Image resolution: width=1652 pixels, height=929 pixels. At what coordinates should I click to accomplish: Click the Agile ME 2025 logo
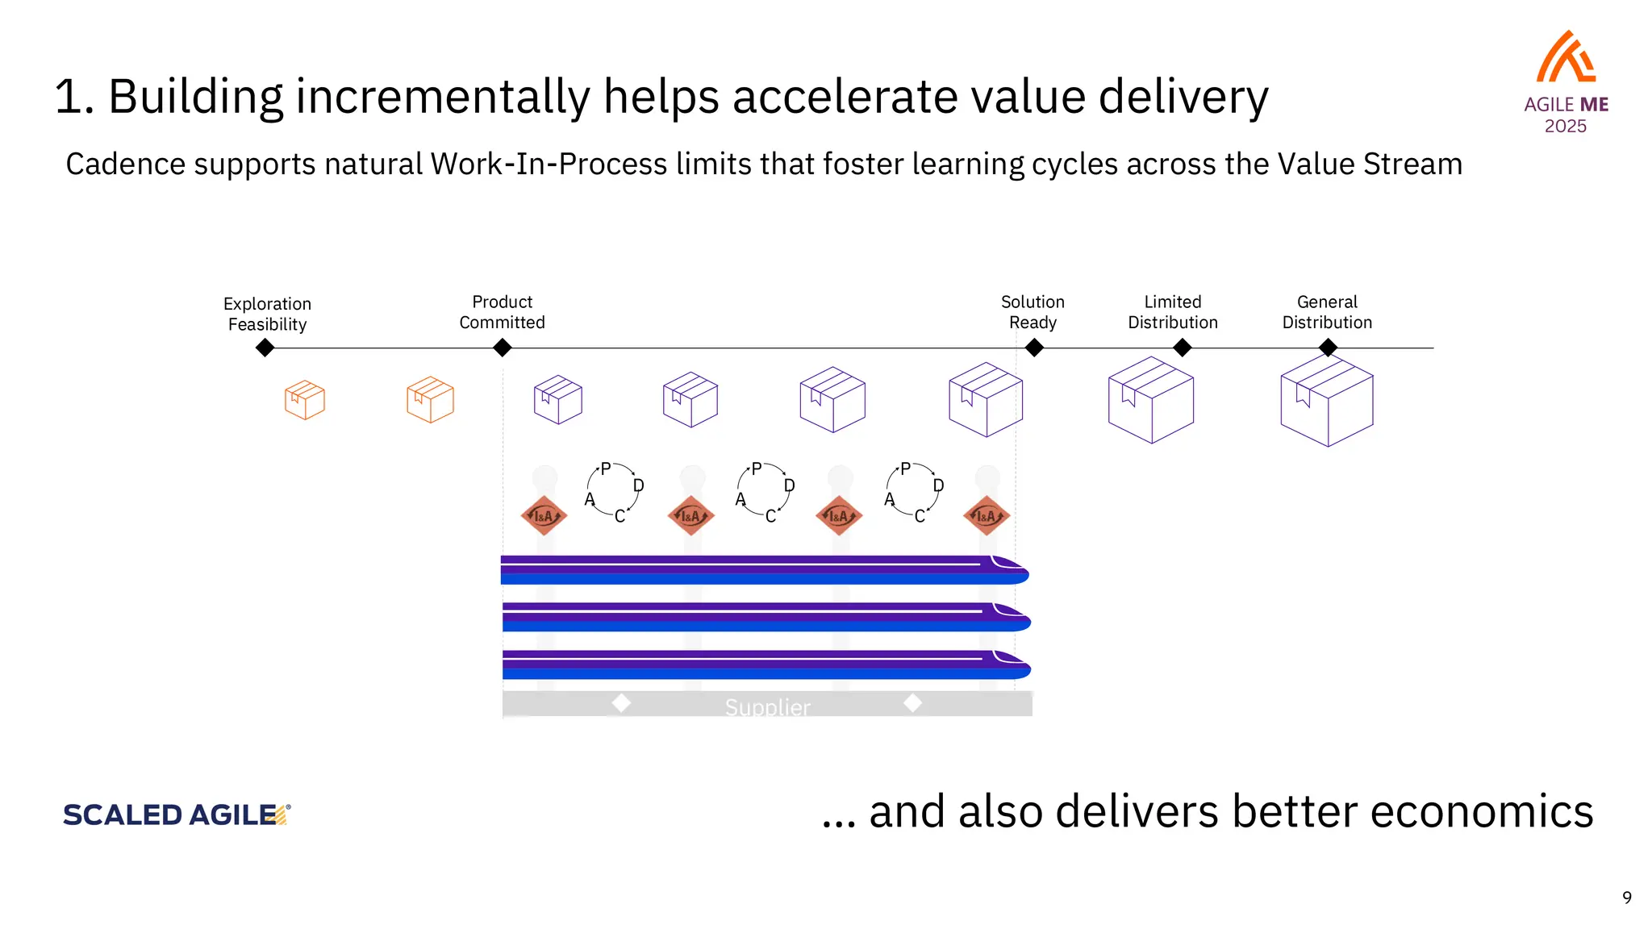point(1565,81)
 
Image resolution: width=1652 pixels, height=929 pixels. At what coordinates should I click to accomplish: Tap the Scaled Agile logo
point(176,814)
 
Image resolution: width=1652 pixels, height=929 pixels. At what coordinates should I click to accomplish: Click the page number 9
point(1627,898)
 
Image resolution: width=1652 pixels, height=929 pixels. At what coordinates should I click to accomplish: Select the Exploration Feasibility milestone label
point(267,314)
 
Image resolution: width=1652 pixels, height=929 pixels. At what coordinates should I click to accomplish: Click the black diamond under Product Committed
point(502,348)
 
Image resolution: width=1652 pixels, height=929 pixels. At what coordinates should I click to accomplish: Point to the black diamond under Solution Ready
point(1034,348)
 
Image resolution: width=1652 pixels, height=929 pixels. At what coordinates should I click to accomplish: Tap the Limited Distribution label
point(1172,312)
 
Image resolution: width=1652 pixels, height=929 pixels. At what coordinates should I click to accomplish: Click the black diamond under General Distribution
point(1328,348)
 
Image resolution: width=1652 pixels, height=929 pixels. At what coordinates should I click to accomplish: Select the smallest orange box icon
point(305,400)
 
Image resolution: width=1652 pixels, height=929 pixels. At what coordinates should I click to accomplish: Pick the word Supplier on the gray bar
point(767,707)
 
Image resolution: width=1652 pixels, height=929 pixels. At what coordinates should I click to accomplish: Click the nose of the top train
point(1013,569)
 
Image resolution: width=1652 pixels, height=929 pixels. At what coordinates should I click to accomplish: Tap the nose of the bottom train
point(1015,664)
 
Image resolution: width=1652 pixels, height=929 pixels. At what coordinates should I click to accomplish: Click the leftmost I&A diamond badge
point(544,515)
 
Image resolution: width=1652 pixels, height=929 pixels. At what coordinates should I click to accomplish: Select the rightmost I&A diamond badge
point(987,515)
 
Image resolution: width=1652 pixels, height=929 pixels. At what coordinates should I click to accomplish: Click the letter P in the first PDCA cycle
point(606,469)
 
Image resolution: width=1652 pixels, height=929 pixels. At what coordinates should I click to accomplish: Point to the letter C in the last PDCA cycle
point(920,516)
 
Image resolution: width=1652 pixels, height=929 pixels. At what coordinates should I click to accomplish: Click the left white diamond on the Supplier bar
point(620,702)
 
